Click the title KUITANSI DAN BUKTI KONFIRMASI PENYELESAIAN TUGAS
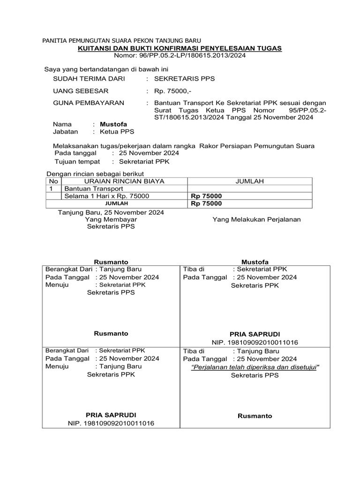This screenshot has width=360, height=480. tap(180, 48)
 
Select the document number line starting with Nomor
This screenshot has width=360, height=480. tap(180, 55)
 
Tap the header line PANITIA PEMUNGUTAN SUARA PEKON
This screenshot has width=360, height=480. tap(122, 41)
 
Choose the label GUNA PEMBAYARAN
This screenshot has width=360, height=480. tap(89, 103)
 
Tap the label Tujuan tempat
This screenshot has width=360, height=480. tap(77, 161)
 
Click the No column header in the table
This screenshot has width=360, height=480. tap(54, 181)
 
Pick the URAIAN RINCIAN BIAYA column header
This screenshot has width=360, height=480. tap(124, 181)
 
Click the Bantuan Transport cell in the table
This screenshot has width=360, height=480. tap(93, 188)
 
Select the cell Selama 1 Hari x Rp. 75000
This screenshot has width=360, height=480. tap(107, 196)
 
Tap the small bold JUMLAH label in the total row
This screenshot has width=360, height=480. tap(116, 204)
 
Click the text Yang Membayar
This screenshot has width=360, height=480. tap(111, 219)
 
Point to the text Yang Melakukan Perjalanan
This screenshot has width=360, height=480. tap(256, 219)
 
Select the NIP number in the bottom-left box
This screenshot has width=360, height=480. tap(111, 423)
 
